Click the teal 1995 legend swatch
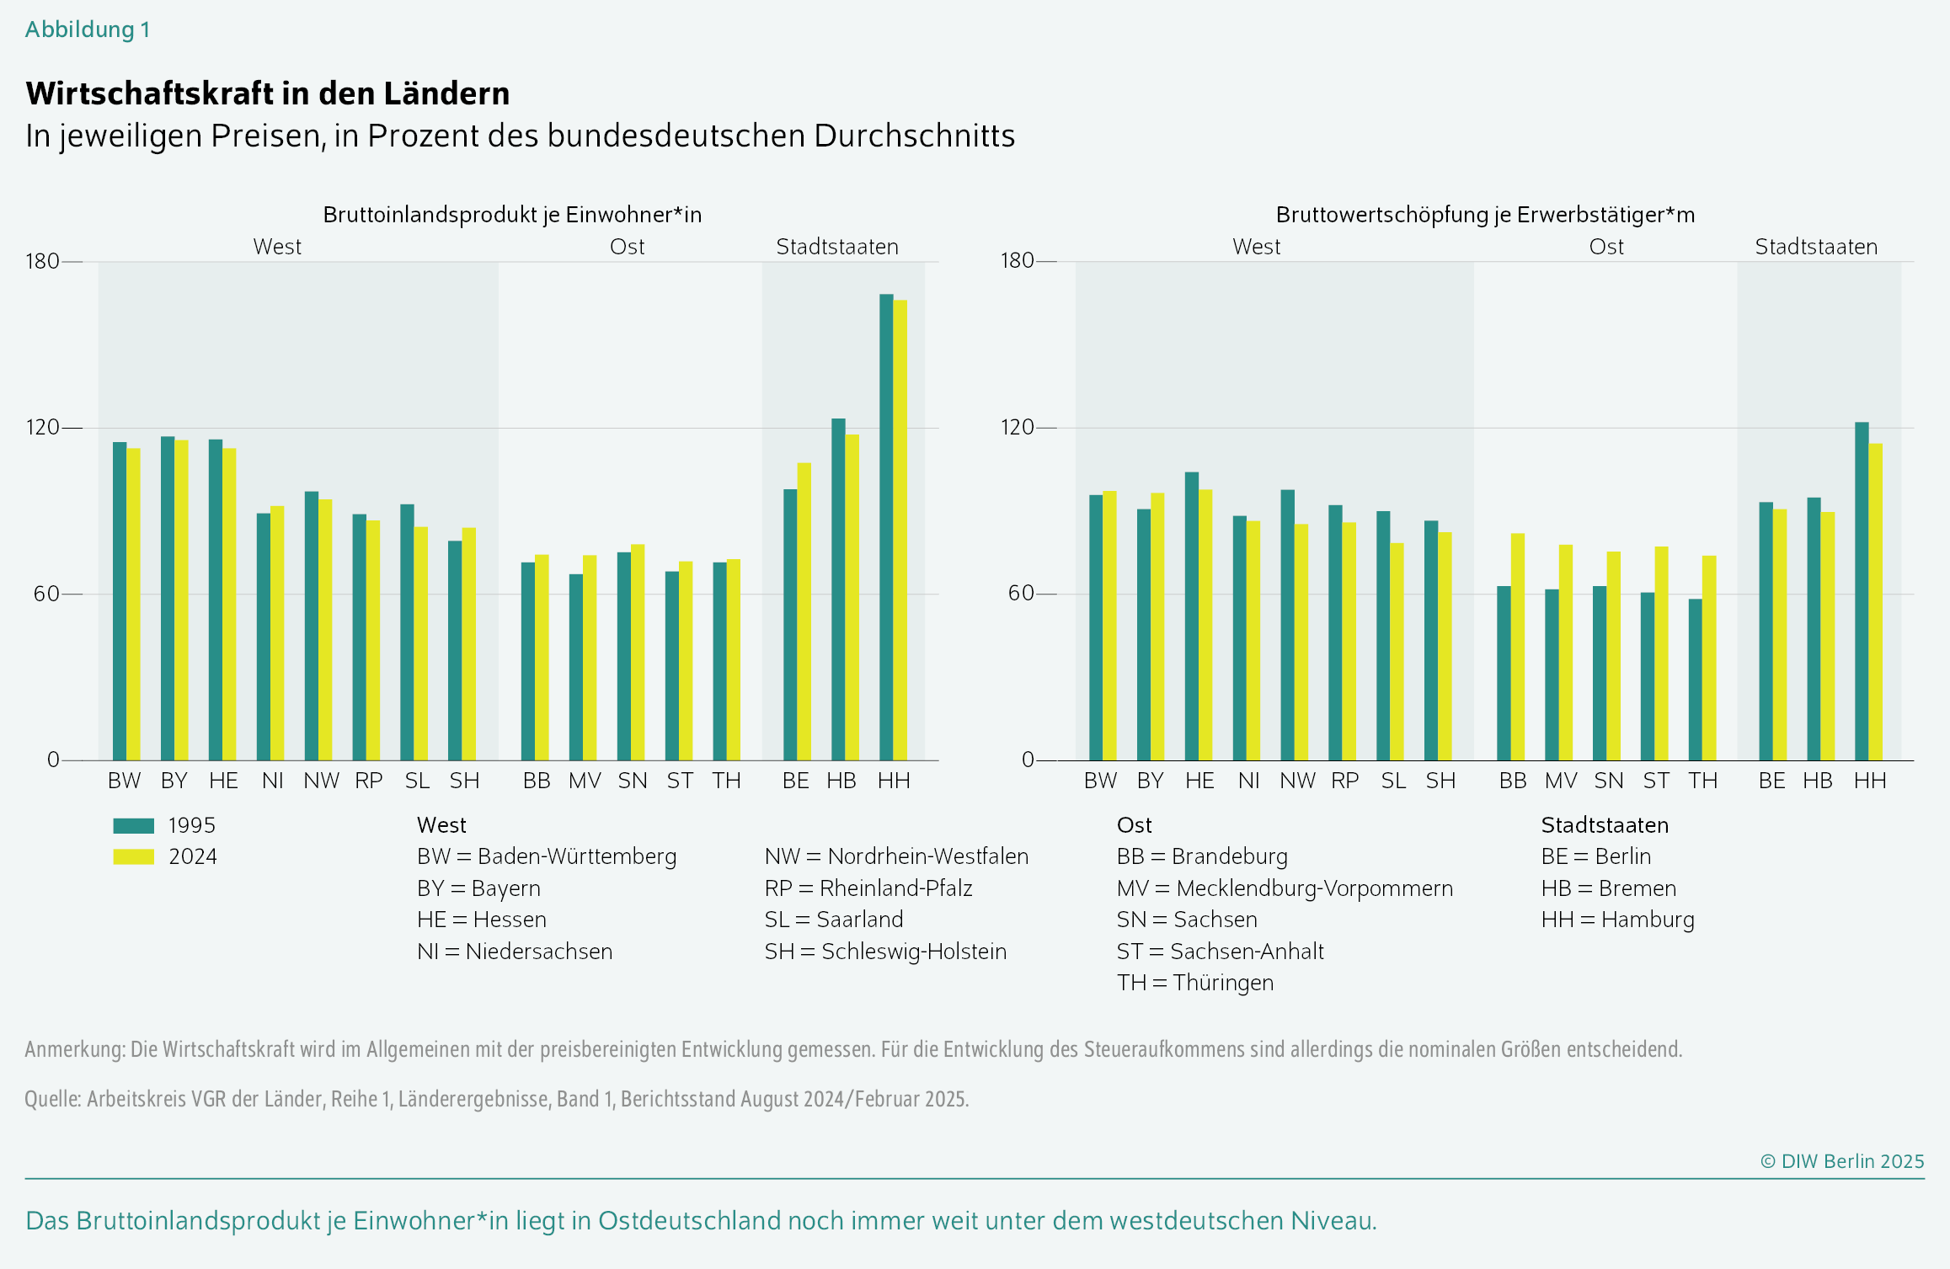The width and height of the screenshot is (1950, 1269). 133,826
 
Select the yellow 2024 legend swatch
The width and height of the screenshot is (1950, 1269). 133,857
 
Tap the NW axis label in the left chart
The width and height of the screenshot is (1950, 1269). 321,781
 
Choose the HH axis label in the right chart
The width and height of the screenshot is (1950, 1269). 1869,781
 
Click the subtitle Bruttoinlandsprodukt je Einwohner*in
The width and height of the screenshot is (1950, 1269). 512,215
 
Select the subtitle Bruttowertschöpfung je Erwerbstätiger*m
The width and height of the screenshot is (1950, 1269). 1485,215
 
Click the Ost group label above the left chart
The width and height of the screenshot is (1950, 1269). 627,247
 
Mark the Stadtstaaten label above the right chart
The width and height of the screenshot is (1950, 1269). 1816,247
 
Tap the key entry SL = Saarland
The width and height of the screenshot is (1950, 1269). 833,920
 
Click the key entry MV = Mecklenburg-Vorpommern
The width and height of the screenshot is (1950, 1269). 1285,888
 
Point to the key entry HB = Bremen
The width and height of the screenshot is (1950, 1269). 1608,888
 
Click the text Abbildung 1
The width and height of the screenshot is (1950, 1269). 88,29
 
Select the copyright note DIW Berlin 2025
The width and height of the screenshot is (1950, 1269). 1842,1161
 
